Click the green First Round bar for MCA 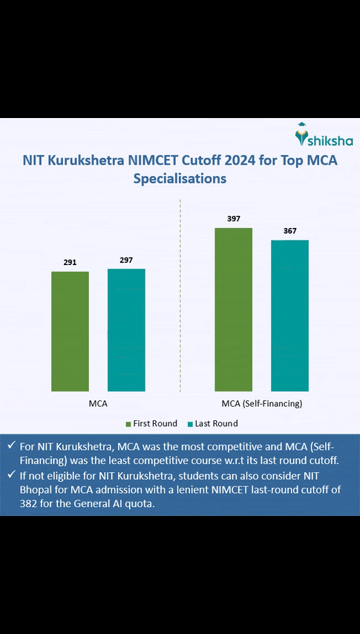pyautogui.click(x=70, y=331)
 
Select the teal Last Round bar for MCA pyautogui.click(x=126, y=330)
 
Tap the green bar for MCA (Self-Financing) pyautogui.click(x=233, y=309)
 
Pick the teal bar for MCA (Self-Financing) pyautogui.click(x=289, y=316)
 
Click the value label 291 pyautogui.click(x=70, y=262)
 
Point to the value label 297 pyautogui.click(x=126, y=259)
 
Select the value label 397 pyautogui.click(x=233, y=218)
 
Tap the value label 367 pyautogui.click(x=289, y=231)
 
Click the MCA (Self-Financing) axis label pyautogui.click(x=261, y=403)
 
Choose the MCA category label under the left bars pyautogui.click(x=97, y=403)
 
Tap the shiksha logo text pyautogui.click(x=331, y=140)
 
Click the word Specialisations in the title pyautogui.click(x=180, y=178)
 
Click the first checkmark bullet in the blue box pyautogui.click(x=10, y=445)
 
